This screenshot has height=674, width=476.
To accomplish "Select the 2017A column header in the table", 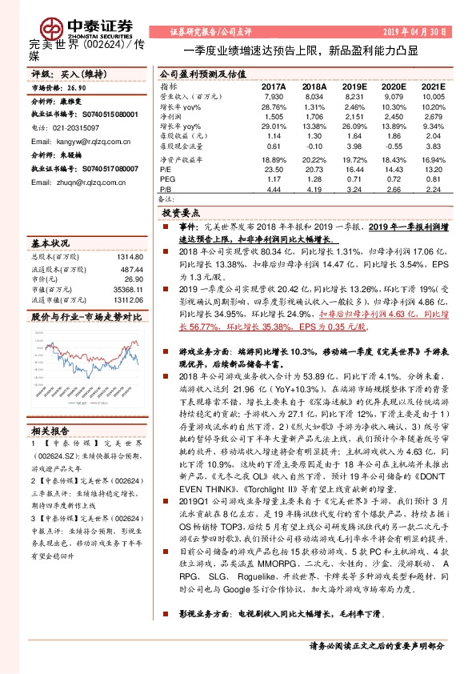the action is point(274,86).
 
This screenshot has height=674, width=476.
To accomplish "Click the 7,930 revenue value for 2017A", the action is point(274,95).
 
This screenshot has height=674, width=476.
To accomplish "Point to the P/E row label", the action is point(166,170).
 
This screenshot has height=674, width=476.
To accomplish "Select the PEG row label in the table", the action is point(168,180).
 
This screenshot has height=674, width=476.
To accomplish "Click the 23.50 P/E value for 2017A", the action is point(274,170).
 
